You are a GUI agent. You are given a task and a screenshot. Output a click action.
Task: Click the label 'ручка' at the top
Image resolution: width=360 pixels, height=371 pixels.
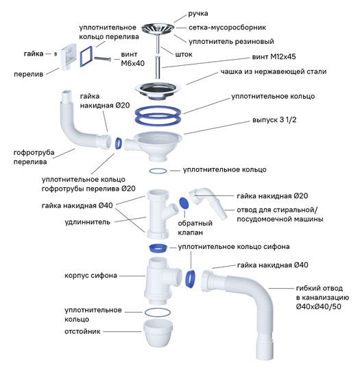point(198,14)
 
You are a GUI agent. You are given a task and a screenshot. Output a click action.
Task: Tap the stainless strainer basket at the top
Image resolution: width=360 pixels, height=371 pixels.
point(158,28)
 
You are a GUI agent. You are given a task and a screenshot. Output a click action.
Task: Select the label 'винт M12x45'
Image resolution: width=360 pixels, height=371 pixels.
point(274,57)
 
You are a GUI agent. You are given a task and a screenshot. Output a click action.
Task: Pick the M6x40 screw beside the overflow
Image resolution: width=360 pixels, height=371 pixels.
point(103,59)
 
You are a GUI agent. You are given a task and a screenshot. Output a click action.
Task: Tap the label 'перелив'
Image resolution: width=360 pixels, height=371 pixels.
point(28,74)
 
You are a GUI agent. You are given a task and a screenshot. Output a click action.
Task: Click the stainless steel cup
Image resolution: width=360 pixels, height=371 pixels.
point(158,91)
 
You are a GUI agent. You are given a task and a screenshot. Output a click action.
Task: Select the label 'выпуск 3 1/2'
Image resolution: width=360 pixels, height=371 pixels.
point(274,120)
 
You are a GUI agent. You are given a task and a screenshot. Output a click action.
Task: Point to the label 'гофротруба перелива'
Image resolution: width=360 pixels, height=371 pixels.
point(34,157)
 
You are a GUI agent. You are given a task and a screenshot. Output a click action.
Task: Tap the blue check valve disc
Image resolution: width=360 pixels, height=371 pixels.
point(184,203)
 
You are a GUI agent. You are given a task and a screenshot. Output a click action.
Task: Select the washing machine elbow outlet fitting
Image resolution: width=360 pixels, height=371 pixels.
point(207,202)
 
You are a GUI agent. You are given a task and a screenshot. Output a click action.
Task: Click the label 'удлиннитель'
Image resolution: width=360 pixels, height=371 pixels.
point(87,222)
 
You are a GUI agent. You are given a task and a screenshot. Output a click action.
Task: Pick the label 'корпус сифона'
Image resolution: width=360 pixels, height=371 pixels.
point(91,276)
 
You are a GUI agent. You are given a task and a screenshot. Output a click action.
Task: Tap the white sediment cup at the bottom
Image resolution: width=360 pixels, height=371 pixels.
point(158,333)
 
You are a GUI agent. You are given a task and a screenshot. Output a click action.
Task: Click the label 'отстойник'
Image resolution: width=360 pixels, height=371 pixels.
point(82,331)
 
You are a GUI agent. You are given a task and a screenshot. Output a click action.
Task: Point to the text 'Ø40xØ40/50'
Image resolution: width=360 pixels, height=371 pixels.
point(318,307)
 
